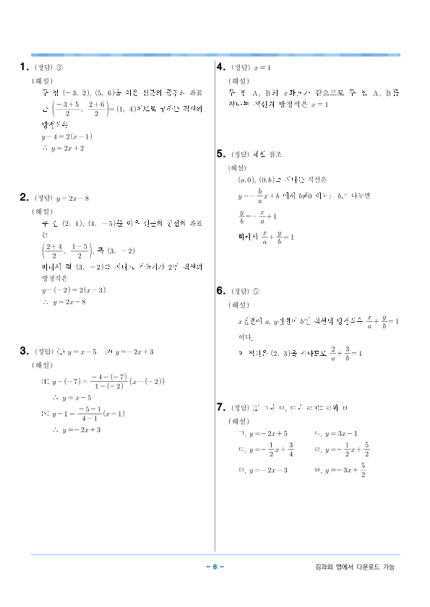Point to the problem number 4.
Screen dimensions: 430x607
click(x=221, y=67)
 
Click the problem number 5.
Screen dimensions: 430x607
click(x=221, y=154)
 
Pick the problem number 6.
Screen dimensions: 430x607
click(x=221, y=291)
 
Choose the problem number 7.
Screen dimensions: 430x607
click(x=221, y=407)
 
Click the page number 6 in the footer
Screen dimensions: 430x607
click(x=215, y=567)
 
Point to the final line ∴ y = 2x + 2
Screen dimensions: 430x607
click(x=63, y=148)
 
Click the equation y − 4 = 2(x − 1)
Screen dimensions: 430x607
click(x=66, y=136)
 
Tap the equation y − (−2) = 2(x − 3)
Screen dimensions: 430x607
click(x=74, y=290)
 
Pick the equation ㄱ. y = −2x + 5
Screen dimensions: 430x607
click(x=262, y=434)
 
